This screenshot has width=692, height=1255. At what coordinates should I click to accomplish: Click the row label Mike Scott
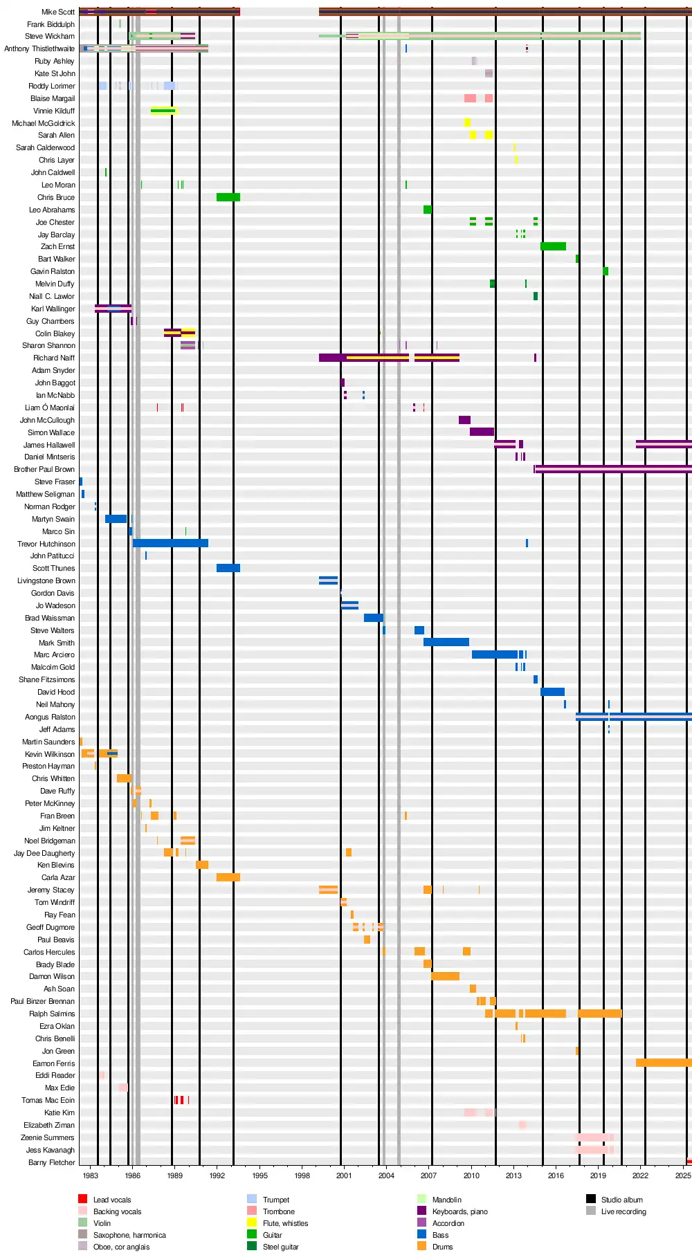tap(58, 12)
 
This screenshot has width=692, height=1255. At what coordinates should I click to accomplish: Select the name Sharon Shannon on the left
tap(48, 345)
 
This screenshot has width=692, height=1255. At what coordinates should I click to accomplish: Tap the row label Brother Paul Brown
tap(44, 469)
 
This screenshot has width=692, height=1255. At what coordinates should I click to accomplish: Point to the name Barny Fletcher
tap(51, 1162)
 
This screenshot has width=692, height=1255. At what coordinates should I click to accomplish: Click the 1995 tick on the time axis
tap(260, 1175)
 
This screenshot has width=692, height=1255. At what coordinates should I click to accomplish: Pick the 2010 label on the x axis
tap(471, 1175)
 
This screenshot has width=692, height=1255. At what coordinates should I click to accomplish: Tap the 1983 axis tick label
tap(90, 1175)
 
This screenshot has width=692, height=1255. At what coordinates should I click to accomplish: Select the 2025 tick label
tap(683, 1175)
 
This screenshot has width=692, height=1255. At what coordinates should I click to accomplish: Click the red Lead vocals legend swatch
tap(82, 1199)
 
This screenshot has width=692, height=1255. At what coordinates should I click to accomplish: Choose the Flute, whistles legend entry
tap(285, 1223)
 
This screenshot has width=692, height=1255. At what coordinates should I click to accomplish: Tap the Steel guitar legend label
tap(280, 1247)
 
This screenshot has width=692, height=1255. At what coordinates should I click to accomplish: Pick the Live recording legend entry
tap(623, 1211)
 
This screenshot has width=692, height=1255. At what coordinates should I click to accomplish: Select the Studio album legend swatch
tap(590, 1199)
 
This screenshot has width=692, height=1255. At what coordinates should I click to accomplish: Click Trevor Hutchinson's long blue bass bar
tap(170, 543)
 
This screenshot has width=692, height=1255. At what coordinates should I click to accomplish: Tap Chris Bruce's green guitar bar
tap(228, 197)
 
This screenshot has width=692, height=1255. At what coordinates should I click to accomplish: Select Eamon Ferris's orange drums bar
tap(663, 1063)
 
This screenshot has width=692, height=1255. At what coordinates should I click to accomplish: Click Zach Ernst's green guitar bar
tap(553, 246)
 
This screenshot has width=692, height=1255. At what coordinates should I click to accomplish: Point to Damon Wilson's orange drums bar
tap(445, 976)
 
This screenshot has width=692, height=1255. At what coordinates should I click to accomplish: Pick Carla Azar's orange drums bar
tap(228, 877)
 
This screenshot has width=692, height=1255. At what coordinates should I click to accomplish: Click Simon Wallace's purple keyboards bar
tap(482, 432)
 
